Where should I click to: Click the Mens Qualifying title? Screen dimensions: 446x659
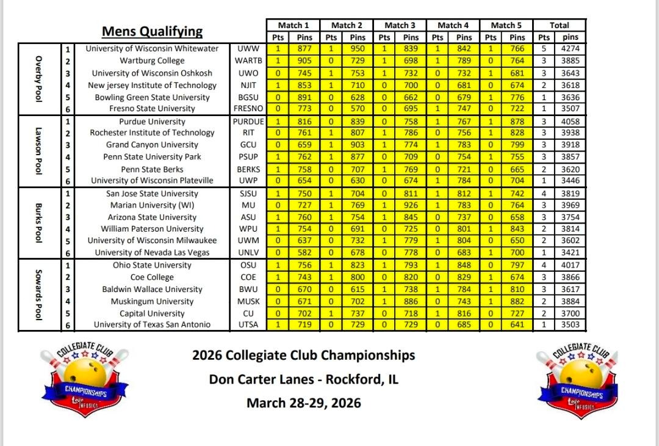pyautogui.click(x=152, y=32)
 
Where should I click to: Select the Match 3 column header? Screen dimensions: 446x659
pyautogui.click(x=400, y=25)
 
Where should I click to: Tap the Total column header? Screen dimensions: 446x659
pyautogui.click(x=559, y=25)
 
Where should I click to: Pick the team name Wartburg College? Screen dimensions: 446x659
pyautogui.click(x=152, y=60)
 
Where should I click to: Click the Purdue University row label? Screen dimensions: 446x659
pyautogui.click(x=152, y=121)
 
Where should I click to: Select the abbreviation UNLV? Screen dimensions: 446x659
pyautogui.click(x=248, y=252)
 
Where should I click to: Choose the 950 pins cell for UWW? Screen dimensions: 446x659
pyautogui.click(x=358, y=49)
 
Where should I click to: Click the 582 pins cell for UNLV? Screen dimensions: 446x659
pyautogui.click(x=304, y=252)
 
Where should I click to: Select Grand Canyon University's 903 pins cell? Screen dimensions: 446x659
pyautogui.click(x=358, y=145)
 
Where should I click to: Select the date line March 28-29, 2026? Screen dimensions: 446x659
pyautogui.click(x=303, y=403)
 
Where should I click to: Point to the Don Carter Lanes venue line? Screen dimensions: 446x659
pyautogui.click(x=303, y=379)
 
